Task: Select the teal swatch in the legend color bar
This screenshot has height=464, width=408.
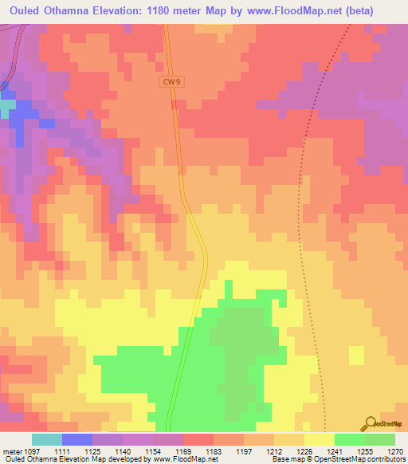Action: click(46, 440)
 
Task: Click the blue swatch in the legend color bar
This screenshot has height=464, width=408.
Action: click(77, 440)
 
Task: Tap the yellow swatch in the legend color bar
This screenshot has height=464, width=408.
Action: click(320, 440)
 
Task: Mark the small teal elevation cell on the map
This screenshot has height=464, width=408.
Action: click(7, 104)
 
